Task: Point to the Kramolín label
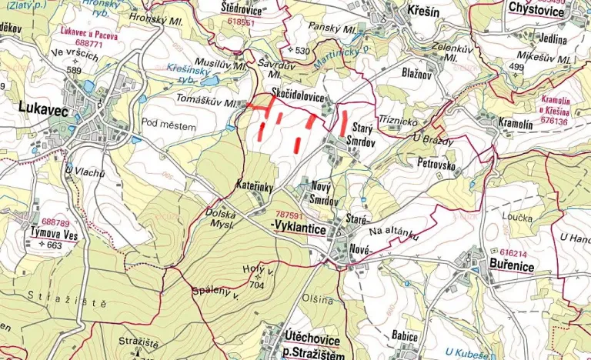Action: [516, 123]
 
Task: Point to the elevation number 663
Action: [54, 245]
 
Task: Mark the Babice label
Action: [404, 336]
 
